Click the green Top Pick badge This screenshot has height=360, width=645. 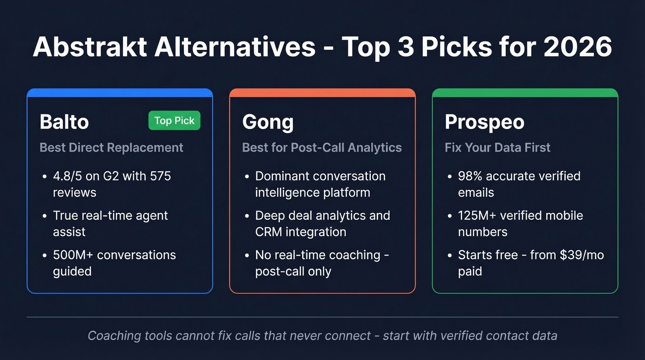coord(174,121)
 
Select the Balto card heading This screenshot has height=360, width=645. coord(64,122)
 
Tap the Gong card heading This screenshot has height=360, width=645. coord(268,122)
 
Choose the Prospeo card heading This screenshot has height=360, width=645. coord(484,122)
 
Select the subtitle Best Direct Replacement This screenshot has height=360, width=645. coord(111,148)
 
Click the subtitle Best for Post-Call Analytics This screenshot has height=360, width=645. coord(322,148)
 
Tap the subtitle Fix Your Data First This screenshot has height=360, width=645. coord(498,148)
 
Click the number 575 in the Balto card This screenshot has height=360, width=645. coord(159,176)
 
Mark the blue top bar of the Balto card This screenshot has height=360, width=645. coord(120,93)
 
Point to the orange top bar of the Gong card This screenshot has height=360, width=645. coord(322,93)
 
